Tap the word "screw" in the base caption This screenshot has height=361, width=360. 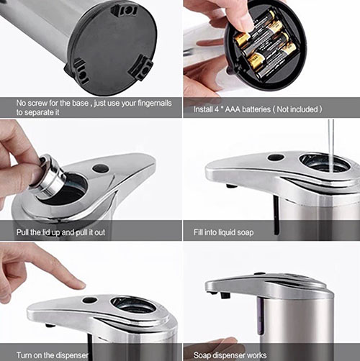point(37,103)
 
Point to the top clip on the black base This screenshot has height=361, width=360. point(125,11)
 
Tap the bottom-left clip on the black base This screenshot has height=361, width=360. point(78,71)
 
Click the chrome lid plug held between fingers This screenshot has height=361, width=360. point(50,177)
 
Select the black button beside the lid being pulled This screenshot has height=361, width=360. point(101,168)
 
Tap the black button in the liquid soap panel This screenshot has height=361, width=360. point(276,157)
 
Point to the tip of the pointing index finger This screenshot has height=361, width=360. point(84,285)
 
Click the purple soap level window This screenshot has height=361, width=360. point(261,316)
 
